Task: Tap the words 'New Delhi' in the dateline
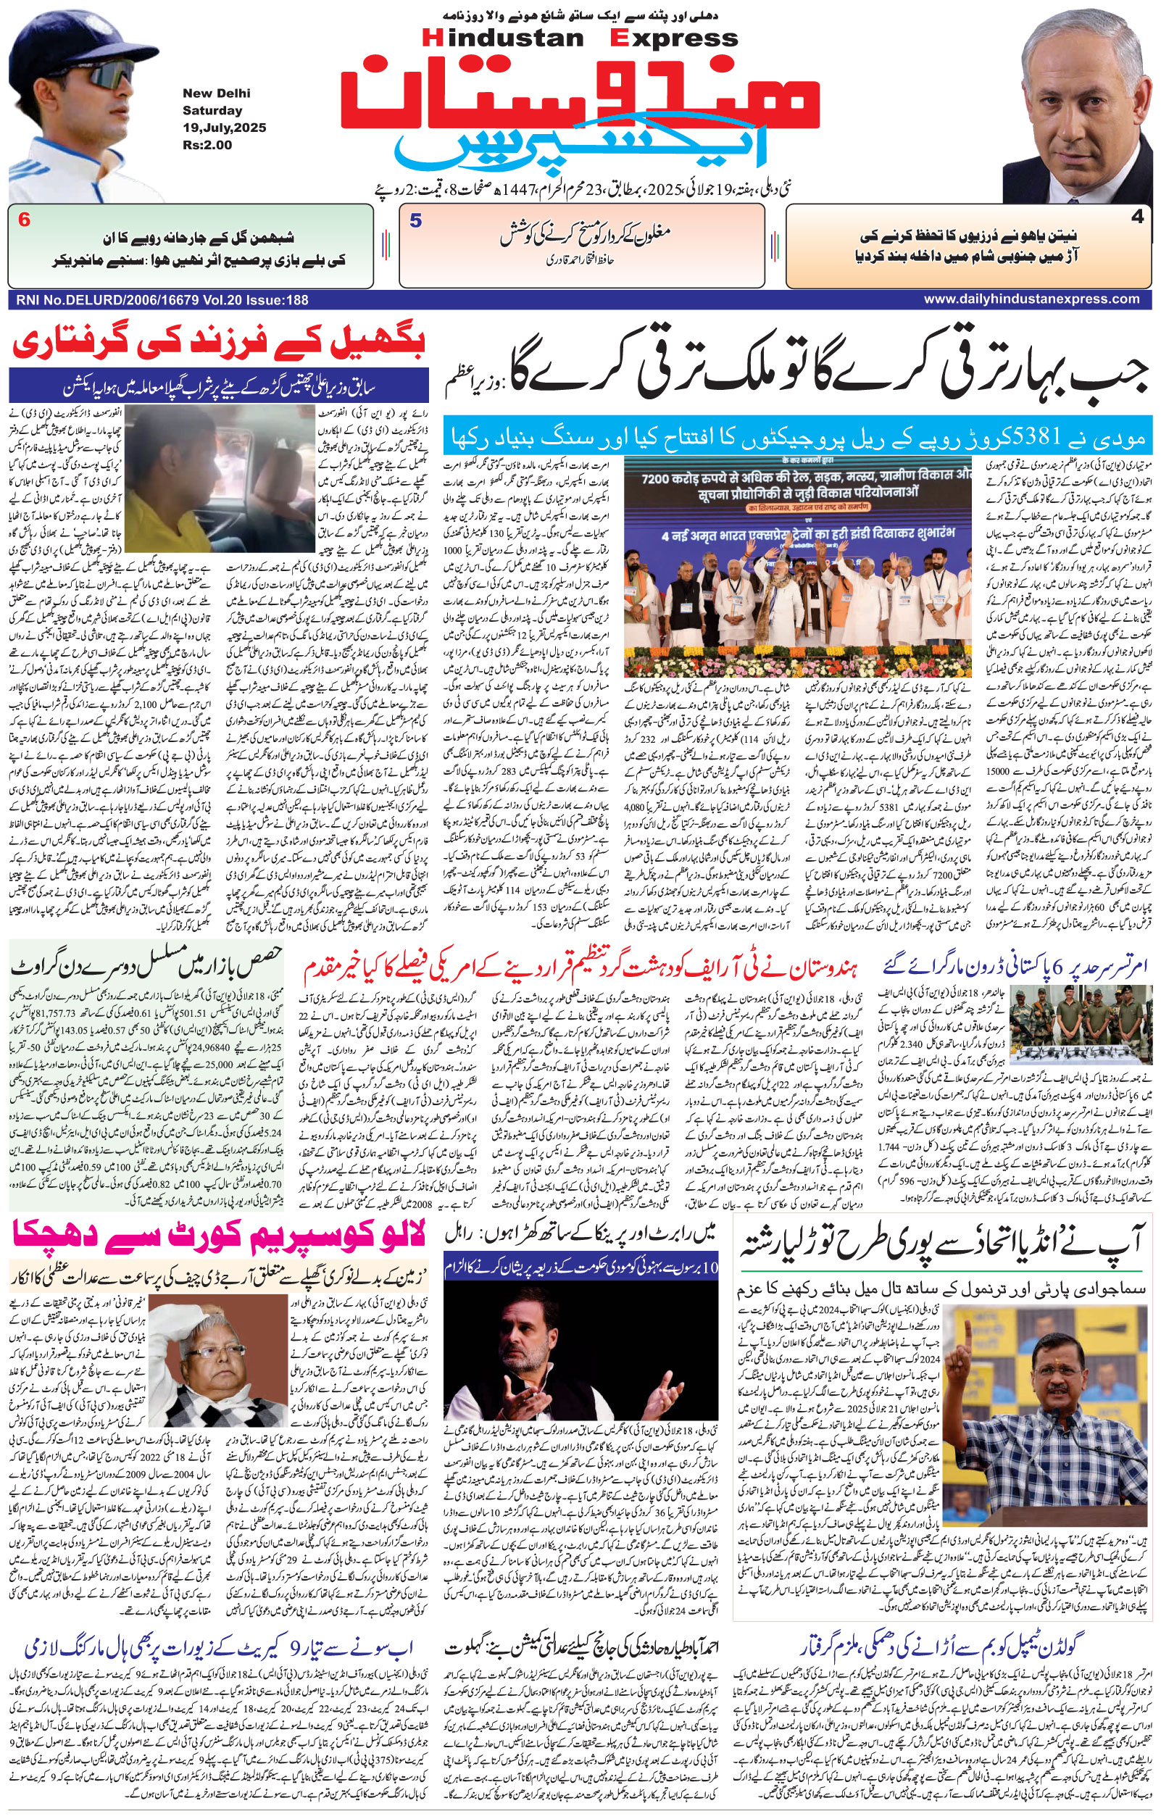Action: pyautogui.click(x=216, y=93)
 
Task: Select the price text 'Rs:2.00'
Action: pyautogui.click(x=207, y=146)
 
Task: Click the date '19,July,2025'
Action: pyautogui.click(x=224, y=128)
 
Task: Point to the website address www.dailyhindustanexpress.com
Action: pyautogui.click(x=1031, y=299)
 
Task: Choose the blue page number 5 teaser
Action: pyautogui.click(x=415, y=221)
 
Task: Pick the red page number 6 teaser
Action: pyautogui.click(x=25, y=220)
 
